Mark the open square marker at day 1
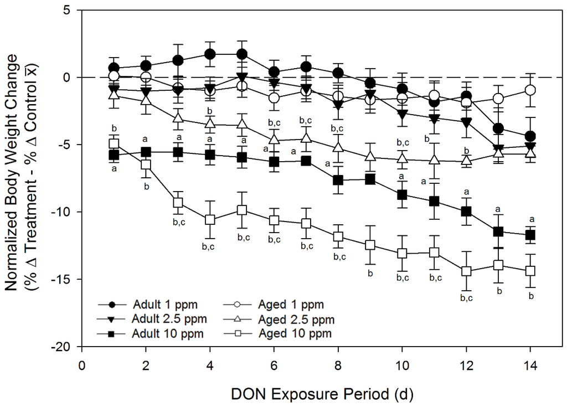tap(114, 144)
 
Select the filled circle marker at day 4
tap(210, 54)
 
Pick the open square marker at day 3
tap(178, 203)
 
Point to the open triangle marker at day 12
tap(466, 161)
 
